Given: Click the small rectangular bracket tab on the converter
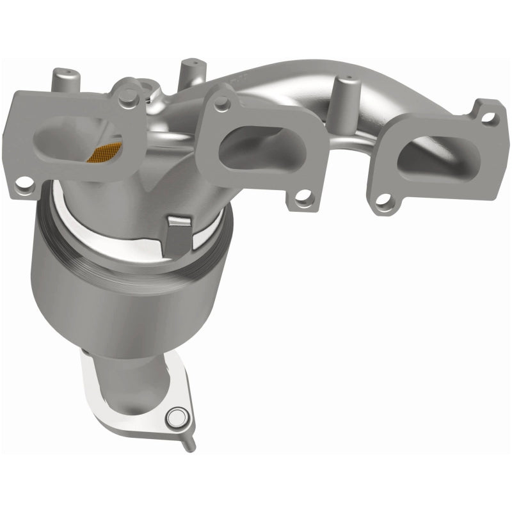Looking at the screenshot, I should tap(180, 230).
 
